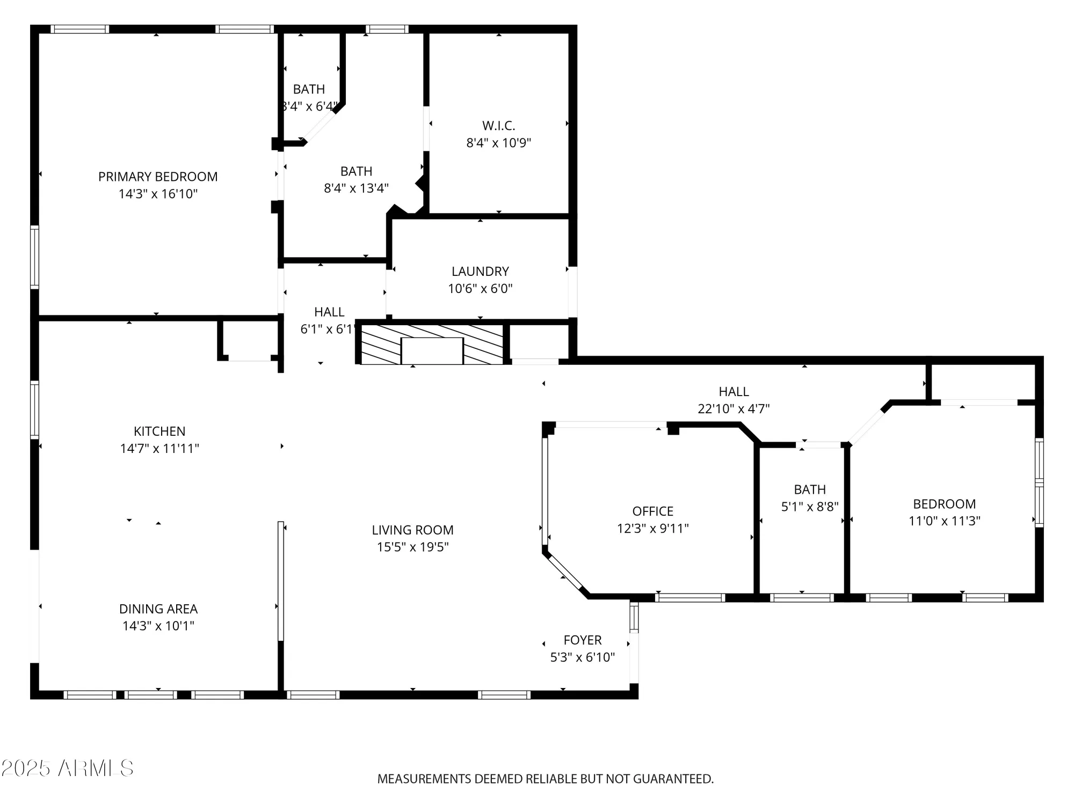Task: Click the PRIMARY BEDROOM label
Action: point(158,177)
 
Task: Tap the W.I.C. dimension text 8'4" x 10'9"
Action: point(498,143)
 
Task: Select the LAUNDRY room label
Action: point(480,272)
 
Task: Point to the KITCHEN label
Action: point(159,431)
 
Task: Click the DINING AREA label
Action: point(158,609)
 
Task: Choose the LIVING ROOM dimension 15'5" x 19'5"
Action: point(412,547)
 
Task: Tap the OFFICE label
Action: point(652,511)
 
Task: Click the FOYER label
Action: point(582,640)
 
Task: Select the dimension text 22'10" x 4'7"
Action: point(734,409)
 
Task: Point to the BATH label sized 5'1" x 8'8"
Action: point(810,490)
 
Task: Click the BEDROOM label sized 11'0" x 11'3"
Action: point(944,504)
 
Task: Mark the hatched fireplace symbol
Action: point(432,345)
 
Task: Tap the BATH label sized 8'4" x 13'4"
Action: point(356,172)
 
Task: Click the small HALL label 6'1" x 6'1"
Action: point(329,312)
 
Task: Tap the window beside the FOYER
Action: point(634,617)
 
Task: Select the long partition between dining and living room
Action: point(280,581)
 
